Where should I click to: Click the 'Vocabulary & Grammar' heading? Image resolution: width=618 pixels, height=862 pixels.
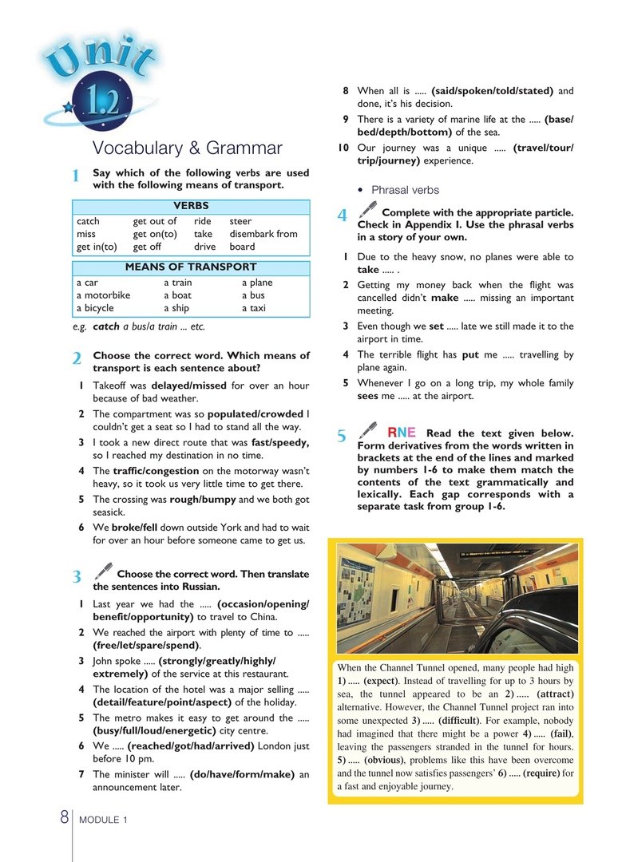pyautogui.click(x=187, y=148)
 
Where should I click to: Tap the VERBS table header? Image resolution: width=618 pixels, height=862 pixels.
pyautogui.click(x=191, y=206)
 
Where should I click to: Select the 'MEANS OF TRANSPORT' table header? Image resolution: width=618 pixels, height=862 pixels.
pyautogui.click(x=191, y=267)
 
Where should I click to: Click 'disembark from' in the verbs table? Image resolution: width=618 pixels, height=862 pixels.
pyautogui.click(x=263, y=234)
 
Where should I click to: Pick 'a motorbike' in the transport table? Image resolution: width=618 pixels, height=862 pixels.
pyautogui.click(x=103, y=295)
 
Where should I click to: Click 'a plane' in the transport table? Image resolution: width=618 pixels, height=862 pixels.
pyautogui.click(x=257, y=283)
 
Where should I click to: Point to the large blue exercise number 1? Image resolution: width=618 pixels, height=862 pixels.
pyautogui.click(x=75, y=176)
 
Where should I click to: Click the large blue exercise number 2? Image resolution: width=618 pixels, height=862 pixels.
pyautogui.click(x=76, y=359)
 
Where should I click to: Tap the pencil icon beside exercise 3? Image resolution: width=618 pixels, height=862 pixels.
pyautogui.click(x=103, y=570)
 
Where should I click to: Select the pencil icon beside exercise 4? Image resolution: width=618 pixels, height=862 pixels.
pyautogui.click(x=367, y=209)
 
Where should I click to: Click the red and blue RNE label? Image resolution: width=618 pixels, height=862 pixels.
pyautogui.click(x=402, y=433)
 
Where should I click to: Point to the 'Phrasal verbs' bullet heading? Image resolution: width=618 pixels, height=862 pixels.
pyautogui.click(x=405, y=190)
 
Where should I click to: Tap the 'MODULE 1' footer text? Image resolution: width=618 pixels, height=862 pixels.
pyautogui.click(x=102, y=820)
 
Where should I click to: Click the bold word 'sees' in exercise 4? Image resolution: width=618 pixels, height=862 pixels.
pyautogui.click(x=367, y=396)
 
